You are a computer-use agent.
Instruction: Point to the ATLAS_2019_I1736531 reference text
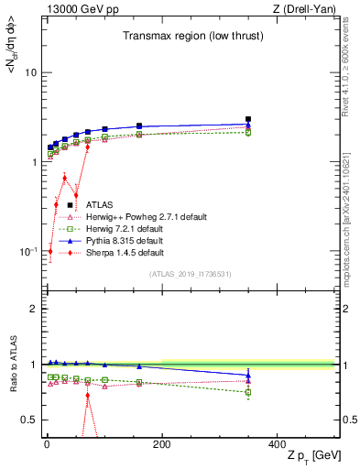(x=189, y=274)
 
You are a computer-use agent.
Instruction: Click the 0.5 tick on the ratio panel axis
(x=29, y=420)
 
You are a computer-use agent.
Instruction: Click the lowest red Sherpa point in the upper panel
(x=50, y=251)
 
